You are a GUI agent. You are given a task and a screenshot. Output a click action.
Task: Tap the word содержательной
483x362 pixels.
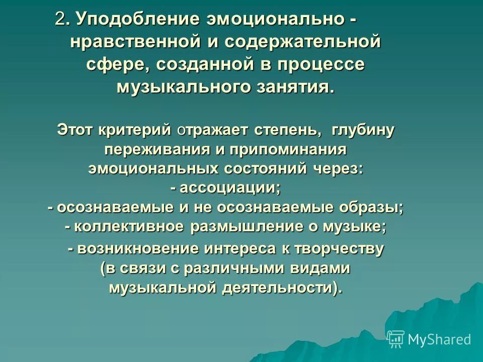pos(302,42)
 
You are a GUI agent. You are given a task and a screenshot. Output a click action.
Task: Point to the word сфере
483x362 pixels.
pos(118,64)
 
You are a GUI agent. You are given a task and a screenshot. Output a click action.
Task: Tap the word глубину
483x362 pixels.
pos(363,130)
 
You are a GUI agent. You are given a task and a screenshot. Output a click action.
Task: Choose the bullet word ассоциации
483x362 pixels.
pos(229,188)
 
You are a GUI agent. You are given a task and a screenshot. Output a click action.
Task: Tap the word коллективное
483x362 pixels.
pos(131,227)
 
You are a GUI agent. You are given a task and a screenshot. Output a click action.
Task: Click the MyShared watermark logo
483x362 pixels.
pos(429,339)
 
